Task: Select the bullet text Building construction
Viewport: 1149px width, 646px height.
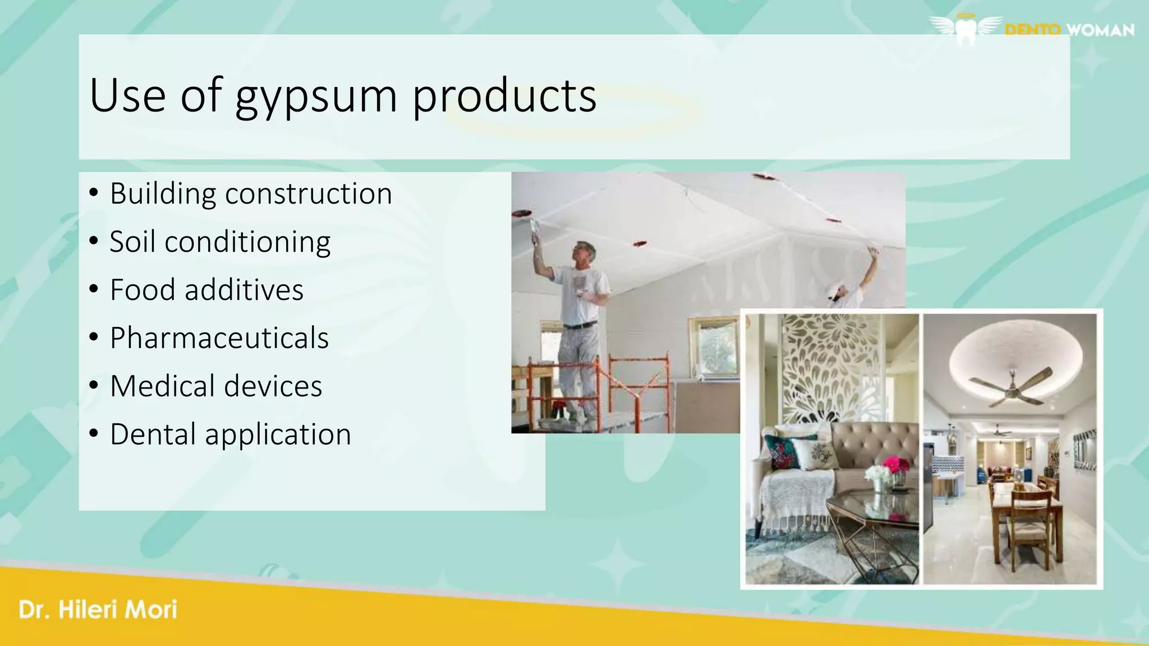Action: [x=251, y=194]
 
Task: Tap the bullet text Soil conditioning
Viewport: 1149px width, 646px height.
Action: [x=220, y=242]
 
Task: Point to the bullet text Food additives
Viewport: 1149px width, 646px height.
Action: [x=206, y=290]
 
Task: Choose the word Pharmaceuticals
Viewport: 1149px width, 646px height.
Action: [x=219, y=338]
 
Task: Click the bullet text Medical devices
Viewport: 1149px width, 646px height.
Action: [x=216, y=386]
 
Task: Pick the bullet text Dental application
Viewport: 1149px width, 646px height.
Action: [x=231, y=435]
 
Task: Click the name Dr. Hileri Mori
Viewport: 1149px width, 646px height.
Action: [x=98, y=610]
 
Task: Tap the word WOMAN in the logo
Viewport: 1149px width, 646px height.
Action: [x=1100, y=30]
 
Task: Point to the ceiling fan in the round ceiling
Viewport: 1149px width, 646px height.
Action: [x=1011, y=386]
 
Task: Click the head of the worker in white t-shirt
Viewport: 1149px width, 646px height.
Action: [x=584, y=253]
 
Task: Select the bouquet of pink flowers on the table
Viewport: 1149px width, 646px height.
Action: [x=895, y=466]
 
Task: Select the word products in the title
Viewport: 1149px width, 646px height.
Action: [x=504, y=96]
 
